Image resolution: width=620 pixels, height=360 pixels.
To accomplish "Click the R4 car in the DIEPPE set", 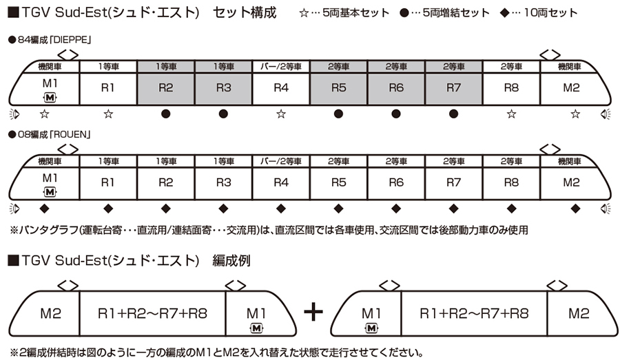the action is point(280,87).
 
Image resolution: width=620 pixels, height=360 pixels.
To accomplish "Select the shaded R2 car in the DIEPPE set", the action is point(165,87).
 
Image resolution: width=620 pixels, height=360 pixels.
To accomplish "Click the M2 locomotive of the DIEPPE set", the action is point(571,87).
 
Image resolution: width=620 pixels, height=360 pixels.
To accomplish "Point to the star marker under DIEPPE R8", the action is point(510,114).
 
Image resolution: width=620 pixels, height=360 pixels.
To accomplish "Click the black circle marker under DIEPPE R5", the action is point(338,114).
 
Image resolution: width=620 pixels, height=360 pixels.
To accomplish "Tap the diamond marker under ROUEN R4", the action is point(280,209).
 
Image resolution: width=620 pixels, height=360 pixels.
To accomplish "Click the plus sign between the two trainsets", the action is point(313,312).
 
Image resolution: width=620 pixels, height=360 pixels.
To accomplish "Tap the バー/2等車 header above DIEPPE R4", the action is point(280,66).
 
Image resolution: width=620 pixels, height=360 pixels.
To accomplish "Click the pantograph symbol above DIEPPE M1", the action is point(67,53).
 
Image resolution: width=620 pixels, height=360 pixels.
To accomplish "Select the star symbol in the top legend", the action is point(305,13).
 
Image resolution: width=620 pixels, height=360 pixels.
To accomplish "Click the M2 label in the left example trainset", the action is point(52,313).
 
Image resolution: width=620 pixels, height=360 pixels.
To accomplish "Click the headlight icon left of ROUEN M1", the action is point(14,209).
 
